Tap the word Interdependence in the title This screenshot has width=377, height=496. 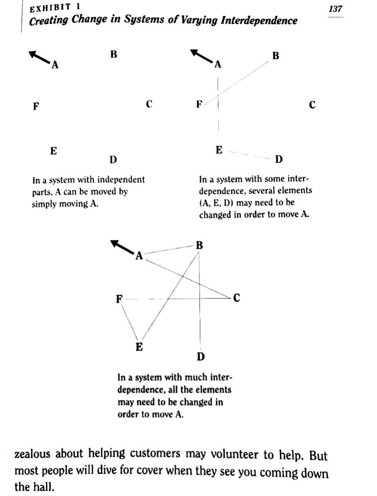point(259,21)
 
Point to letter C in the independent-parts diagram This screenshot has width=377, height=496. point(149,104)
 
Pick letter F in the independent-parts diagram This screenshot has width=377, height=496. point(36,106)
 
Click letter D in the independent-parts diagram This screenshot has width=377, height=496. point(113,160)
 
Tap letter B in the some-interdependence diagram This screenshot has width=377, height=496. point(276,56)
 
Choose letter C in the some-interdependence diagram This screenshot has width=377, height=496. point(312,105)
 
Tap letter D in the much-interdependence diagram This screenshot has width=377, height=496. point(200,356)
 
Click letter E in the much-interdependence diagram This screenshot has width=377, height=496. point(139,347)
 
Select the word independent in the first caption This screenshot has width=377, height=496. point(121,180)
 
